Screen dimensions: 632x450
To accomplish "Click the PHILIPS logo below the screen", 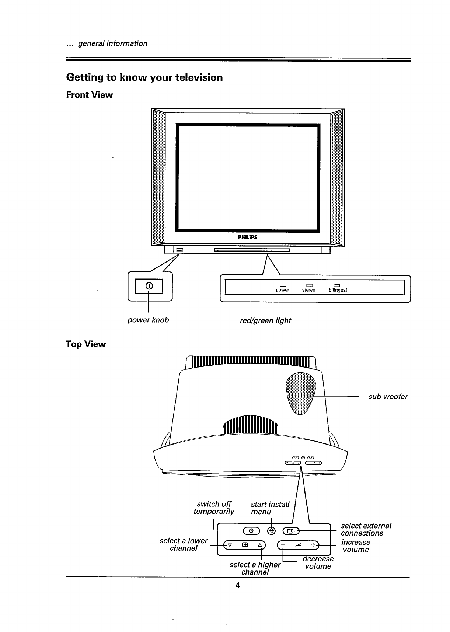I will (247, 237).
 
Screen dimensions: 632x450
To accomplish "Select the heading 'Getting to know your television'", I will (144, 78).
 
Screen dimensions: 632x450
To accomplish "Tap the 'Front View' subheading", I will (89, 95).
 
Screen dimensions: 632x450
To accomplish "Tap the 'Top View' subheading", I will (86, 344).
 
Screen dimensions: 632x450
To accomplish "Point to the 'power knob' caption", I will (148, 320).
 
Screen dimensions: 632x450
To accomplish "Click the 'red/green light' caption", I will (265, 321).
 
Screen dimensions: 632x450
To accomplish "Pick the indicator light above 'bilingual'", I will (336, 285).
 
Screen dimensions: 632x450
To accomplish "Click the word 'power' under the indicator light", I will (282, 290).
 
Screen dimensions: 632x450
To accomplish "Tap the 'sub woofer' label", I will (388, 397).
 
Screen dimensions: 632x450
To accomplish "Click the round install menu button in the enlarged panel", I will (272, 531).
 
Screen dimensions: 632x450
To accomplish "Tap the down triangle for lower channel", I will (229, 545).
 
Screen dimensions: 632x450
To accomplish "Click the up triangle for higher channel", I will (260, 545).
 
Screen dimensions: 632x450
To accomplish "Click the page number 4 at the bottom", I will (238, 585).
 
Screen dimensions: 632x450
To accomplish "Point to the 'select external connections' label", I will (366, 529).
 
